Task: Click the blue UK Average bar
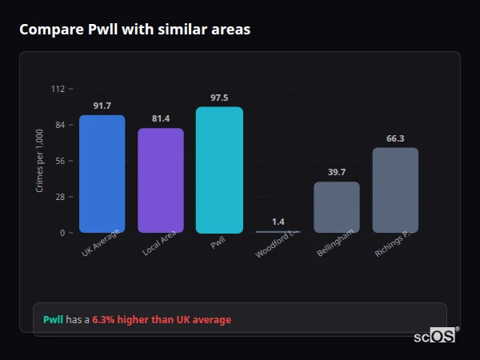pos(102,174)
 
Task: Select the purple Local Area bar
pos(160,180)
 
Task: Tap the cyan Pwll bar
pos(219,170)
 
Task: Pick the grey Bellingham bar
pos(336,207)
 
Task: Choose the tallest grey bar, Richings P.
pos(395,190)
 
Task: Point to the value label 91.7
pos(102,106)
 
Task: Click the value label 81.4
pos(160,118)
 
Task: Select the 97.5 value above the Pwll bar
pos(219,98)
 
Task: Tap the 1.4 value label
pos(278,222)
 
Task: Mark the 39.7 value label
pos(336,172)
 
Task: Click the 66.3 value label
pos(395,138)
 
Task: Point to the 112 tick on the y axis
pos(58,89)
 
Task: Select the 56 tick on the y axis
pos(60,161)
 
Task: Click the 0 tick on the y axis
pos(62,233)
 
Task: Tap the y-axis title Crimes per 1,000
pos(40,161)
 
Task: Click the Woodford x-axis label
pos(276,243)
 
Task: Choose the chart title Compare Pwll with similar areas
pos(134,30)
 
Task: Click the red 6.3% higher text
pos(161,319)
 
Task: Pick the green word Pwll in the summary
pos(53,319)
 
